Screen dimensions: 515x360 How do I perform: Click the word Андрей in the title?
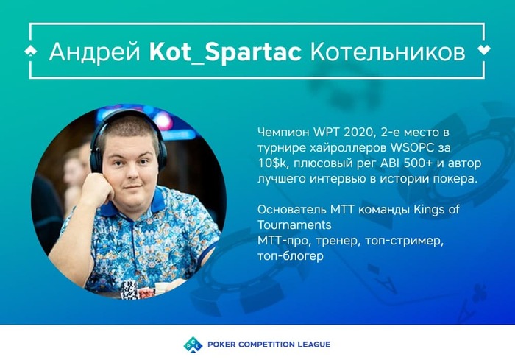coord(95,52)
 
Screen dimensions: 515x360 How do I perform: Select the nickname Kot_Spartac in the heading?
coord(225,52)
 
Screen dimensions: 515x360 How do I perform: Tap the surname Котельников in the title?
coord(388,52)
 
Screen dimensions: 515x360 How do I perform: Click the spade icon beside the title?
coord(31,51)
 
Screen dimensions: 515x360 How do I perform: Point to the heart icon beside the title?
coord(484,50)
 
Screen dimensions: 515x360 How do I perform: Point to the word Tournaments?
coord(294,225)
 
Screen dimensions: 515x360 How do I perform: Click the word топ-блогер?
coord(291,256)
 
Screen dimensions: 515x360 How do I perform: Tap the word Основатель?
coord(291,209)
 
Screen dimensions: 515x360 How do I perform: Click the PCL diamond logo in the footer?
coord(193,345)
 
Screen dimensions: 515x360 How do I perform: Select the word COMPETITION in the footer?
coord(266,345)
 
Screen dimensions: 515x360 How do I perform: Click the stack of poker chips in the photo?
coord(129,289)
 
